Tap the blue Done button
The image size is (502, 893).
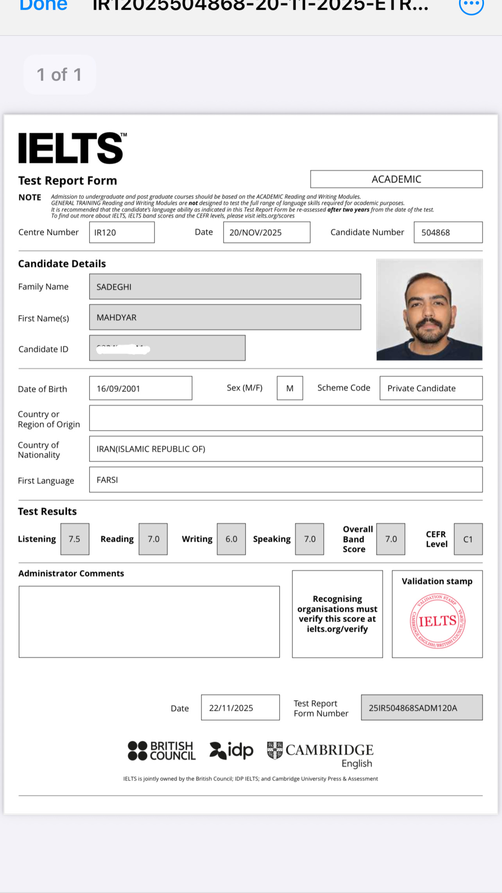click(x=43, y=5)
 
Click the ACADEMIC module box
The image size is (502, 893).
click(x=396, y=179)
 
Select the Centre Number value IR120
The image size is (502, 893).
click(x=105, y=232)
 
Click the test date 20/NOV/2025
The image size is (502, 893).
click(x=256, y=232)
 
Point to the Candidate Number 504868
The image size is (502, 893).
click(x=436, y=232)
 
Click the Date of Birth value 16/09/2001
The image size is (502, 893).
click(x=118, y=389)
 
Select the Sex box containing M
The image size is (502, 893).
click(x=290, y=388)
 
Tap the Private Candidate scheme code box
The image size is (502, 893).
click(x=421, y=388)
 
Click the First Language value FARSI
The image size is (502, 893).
click(x=107, y=480)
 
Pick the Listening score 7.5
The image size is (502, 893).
click(x=75, y=539)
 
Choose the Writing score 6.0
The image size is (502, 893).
click(x=231, y=539)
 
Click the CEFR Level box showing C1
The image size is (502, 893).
click(x=468, y=539)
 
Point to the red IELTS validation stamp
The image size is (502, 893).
click(x=437, y=621)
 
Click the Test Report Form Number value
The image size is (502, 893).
click(x=413, y=708)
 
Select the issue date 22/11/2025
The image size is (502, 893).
click(x=231, y=708)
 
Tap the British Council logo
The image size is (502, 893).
click(x=161, y=751)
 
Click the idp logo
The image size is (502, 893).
click(x=231, y=751)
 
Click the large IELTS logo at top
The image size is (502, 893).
click(x=72, y=148)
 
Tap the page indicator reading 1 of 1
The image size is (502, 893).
click(x=59, y=74)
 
